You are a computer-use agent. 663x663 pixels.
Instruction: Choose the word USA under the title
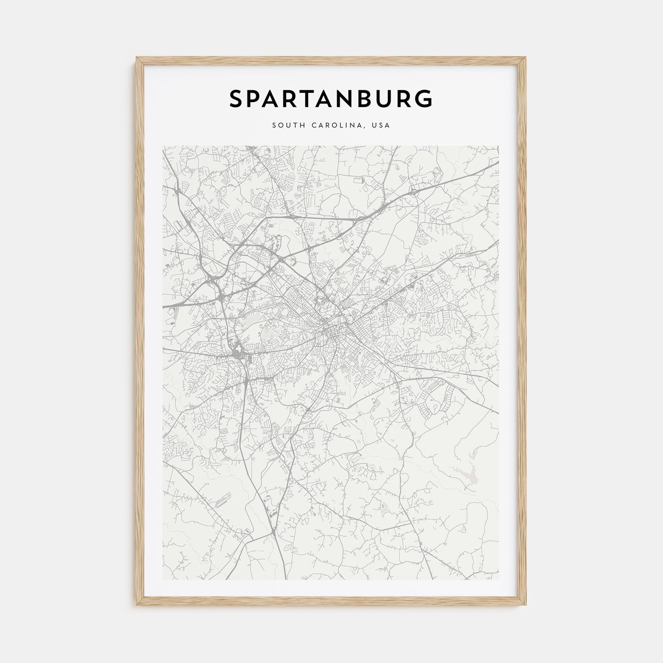pos(382,126)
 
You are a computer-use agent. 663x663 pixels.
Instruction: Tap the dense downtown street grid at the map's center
pos(331,331)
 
